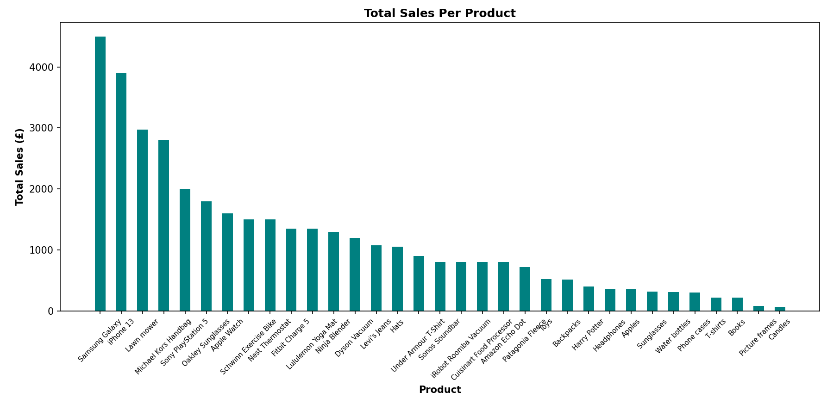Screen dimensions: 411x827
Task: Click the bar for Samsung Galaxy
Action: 100,174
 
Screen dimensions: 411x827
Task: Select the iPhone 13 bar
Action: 121,192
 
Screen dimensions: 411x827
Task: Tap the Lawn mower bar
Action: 143,220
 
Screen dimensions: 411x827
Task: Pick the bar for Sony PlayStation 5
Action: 185,250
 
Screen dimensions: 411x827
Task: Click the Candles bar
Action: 780,309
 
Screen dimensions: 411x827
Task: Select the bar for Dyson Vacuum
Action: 355,274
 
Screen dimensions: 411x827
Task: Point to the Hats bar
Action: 397,279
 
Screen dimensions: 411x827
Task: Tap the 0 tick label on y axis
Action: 50,311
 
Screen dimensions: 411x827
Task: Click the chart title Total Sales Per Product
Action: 439,13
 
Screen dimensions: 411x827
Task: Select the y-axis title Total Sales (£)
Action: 19,167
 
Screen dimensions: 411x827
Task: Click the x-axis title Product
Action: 439,390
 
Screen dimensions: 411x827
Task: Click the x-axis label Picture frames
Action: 758,337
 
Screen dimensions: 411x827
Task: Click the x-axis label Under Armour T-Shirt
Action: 418,345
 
